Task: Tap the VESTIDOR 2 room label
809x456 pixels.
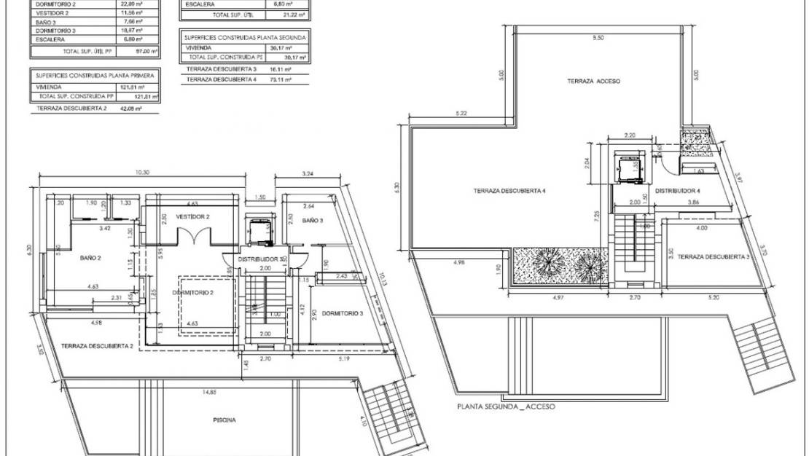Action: point(192,217)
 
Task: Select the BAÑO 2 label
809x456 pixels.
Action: point(90,257)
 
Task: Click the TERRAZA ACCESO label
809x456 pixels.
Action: point(594,82)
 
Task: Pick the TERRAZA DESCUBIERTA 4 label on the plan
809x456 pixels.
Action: point(509,191)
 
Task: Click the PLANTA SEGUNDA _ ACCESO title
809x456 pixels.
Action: point(505,406)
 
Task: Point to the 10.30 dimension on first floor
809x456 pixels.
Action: point(142,173)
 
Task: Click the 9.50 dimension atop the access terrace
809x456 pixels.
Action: point(598,37)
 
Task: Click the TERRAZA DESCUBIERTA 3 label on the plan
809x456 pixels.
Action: point(714,256)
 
